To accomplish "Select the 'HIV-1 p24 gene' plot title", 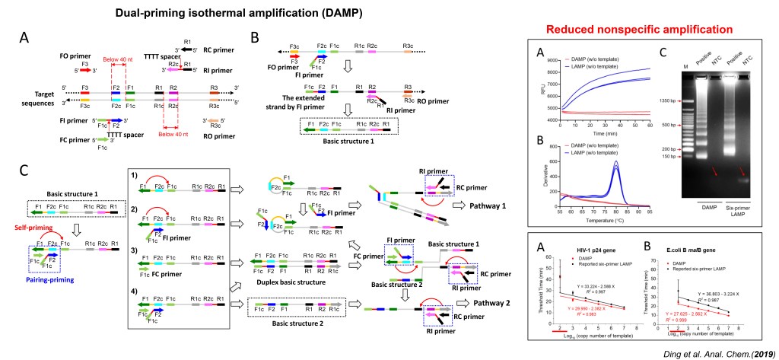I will coord(591,251).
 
